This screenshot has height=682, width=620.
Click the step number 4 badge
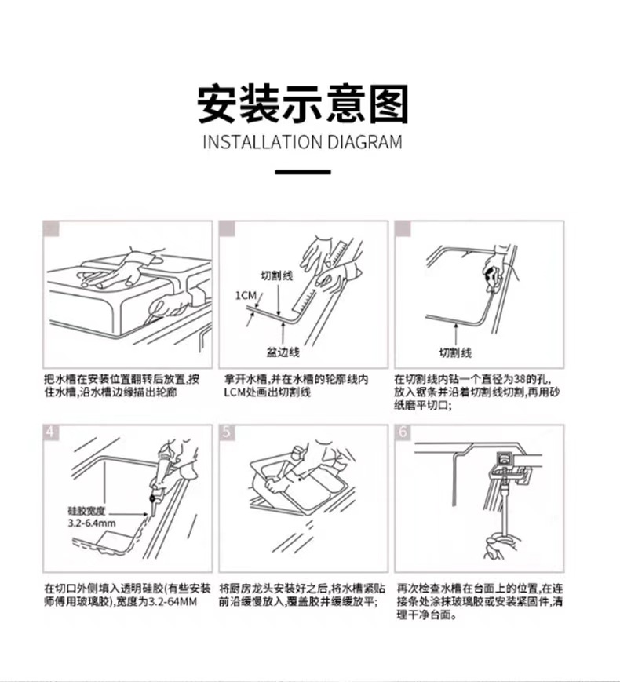click(x=51, y=432)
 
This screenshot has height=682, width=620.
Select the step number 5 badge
click(x=227, y=432)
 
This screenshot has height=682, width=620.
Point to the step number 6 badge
click(x=403, y=432)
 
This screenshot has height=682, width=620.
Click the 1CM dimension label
click(x=245, y=295)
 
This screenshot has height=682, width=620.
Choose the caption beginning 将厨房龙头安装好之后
click(x=302, y=595)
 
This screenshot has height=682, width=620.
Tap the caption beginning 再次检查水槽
click(x=479, y=601)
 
